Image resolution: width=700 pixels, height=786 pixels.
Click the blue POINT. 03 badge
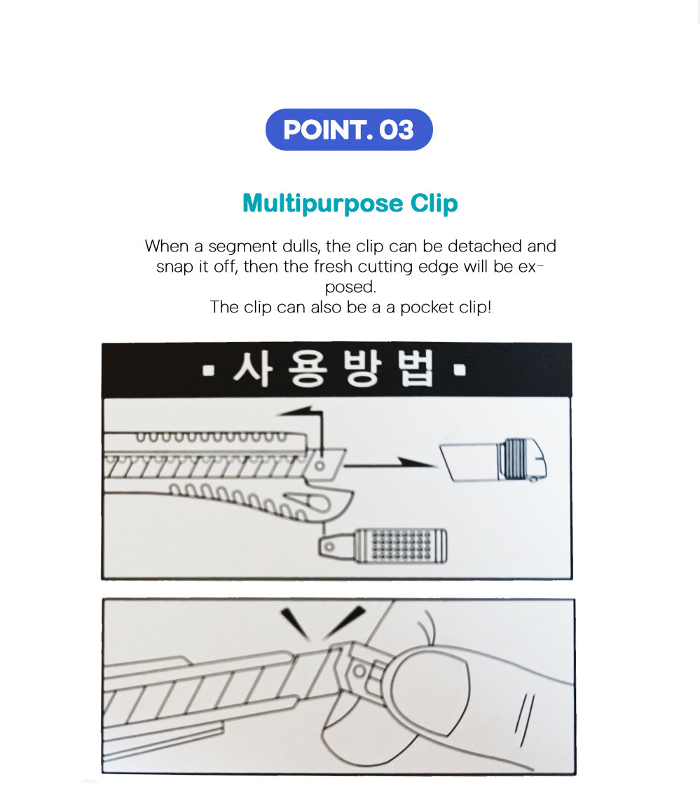(349, 130)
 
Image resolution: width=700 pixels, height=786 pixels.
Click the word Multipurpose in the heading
(322, 204)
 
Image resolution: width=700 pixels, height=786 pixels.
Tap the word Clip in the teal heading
(434, 204)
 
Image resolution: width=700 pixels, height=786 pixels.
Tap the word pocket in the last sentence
(427, 308)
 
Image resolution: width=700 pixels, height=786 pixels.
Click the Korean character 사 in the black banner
(253, 369)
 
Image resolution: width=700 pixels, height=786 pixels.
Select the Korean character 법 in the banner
(416, 369)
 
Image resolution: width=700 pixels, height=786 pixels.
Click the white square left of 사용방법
(208, 371)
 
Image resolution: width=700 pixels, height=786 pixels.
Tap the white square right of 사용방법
(460, 371)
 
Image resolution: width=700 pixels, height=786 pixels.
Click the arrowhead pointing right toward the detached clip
(416, 462)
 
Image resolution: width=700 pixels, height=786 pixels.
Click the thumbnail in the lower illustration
(430, 687)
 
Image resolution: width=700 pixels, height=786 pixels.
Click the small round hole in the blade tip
(320, 466)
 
